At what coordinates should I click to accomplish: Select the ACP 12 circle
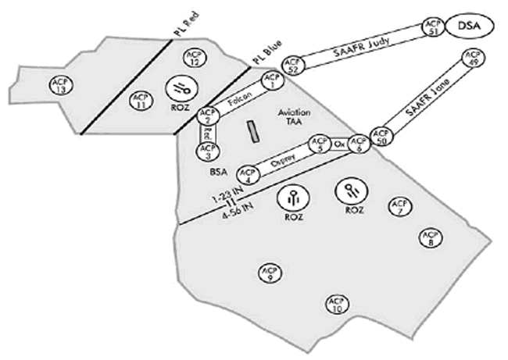pos(192,57)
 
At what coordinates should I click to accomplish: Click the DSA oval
pos(470,29)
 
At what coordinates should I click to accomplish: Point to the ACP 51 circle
pos(432,27)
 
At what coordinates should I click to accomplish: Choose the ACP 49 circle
pos(471,59)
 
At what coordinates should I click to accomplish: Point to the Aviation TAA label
pos(294,118)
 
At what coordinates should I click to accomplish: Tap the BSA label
pos(218,173)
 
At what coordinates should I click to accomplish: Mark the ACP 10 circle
pos(336,305)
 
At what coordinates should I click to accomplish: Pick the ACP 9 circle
pos(269,272)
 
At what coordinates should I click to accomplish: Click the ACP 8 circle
pos(429,237)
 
